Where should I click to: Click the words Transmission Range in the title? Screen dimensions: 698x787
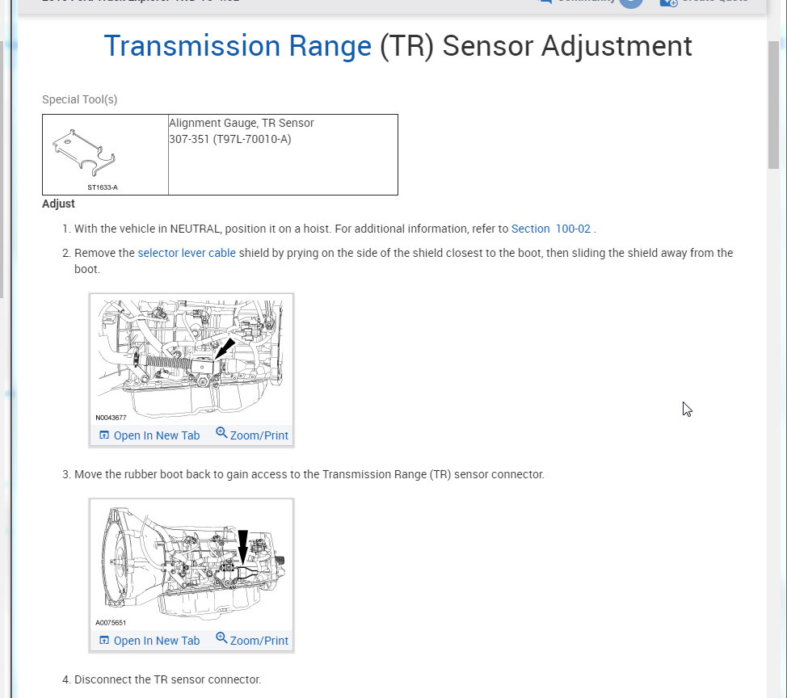coord(238,46)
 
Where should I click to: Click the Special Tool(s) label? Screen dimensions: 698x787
coord(79,99)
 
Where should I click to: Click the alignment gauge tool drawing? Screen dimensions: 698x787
coord(85,152)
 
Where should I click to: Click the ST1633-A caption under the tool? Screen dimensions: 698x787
coord(103,187)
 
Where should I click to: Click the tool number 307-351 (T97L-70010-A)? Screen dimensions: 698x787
coord(229,139)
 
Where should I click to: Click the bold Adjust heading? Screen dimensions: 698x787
coord(58,204)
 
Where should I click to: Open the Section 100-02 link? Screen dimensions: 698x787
coord(550,229)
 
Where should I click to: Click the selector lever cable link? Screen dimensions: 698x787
coord(187,253)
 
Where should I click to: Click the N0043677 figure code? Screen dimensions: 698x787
coord(111,418)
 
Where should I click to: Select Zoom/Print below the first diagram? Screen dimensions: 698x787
coord(252,435)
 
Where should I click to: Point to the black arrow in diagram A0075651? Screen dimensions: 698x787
coord(242,546)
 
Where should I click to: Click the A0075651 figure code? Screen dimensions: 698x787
coord(111,623)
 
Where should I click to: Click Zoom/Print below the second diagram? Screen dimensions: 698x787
coord(252,641)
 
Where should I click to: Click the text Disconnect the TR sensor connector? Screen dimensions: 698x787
coord(167,679)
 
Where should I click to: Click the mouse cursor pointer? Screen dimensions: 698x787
coord(686,408)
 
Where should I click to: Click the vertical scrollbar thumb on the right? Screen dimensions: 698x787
coord(773,105)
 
